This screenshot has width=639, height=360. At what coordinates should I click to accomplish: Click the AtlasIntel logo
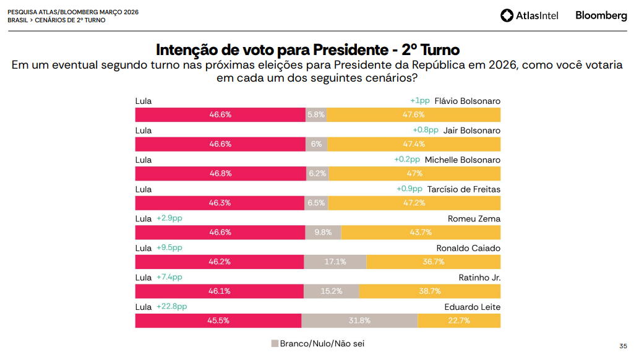[x=529, y=15]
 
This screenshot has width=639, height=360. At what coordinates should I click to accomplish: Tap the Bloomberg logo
[x=601, y=15]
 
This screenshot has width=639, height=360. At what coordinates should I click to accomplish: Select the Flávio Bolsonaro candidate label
[x=467, y=101]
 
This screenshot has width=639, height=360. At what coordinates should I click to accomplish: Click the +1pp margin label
[x=419, y=101]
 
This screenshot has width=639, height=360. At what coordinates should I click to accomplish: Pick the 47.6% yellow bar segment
[x=414, y=114]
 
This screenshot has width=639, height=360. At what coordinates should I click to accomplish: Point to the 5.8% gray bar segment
[x=316, y=114]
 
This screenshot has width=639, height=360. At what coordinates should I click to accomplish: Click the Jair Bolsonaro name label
[x=472, y=131]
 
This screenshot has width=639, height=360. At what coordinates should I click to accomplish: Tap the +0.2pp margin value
[x=406, y=160]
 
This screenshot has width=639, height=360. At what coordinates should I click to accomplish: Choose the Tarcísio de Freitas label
[x=464, y=189]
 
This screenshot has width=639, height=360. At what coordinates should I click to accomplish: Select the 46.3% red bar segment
[x=220, y=203]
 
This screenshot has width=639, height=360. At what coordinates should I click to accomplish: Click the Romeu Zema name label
[x=474, y=218]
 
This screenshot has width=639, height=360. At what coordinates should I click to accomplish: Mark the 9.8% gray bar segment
[x=323, y=233]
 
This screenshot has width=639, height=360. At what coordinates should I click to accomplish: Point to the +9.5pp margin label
[x=169, y=247]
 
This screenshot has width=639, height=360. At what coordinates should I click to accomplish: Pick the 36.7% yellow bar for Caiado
[x=433, y=262]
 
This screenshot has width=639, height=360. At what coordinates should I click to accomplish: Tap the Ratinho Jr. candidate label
[x=479, y=278]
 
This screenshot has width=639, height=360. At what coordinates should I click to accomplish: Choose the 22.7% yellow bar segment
[x=459, y=320]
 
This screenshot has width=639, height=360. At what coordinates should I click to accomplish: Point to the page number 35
[x=623, y=346]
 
